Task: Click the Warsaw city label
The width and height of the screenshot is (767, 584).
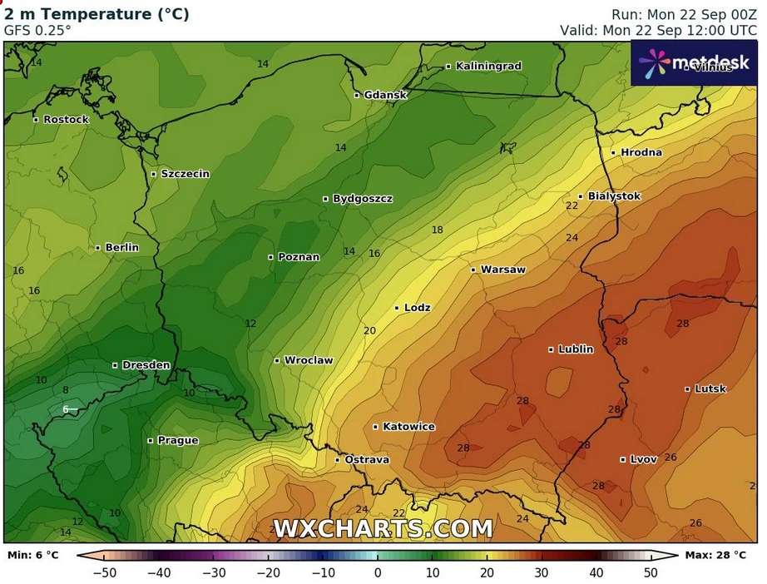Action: [x=502, y=270]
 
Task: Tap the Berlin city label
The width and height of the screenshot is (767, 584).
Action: [x=122, y=248]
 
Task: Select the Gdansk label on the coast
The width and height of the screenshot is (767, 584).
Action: [x=385, y=95]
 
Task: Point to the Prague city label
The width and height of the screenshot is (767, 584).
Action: [x=178, y=440]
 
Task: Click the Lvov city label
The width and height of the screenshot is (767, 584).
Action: [x=644, y=459]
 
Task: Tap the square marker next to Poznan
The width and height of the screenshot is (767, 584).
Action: [x=271, y=257]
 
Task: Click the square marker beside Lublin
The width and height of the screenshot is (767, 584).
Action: [x=552, y=349]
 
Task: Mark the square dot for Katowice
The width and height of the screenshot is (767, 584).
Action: [x=376, y=427]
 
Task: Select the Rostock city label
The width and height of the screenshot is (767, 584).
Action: [x=66, y=120]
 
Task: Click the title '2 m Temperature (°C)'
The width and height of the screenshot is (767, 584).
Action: [x=97, y=14]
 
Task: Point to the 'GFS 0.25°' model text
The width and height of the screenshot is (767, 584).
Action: [x=38, y=30]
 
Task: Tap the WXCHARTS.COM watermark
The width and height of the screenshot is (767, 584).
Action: [x=383, y=528]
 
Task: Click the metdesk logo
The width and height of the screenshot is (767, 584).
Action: [x=694, y=63]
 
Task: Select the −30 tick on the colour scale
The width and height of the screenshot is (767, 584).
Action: [x=215, y=572]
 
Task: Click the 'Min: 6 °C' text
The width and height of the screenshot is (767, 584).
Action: [x=33, y=554]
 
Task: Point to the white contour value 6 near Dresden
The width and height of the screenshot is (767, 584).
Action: [x=66, y=409]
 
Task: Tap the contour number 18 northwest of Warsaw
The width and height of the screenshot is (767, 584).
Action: [x=437, y=230]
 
